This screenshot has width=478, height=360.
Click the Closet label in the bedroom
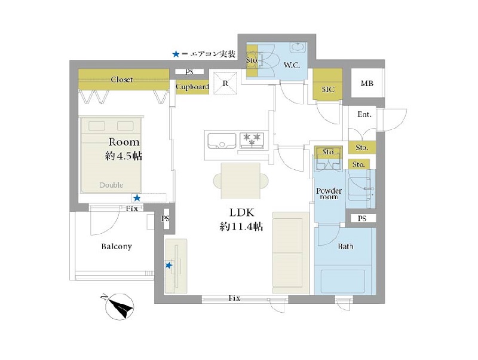click(122, 80)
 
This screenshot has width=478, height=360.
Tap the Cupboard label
click(192, 87)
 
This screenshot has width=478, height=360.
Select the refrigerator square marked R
click(225, 83)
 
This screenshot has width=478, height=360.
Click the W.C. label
click(292, 65)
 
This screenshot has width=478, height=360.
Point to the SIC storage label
click(328, 89)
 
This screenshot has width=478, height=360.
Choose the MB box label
click(367, 83)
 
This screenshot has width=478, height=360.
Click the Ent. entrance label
click(364, 115)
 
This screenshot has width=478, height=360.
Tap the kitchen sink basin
click(222, 141)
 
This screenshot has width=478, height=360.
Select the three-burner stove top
click(252, 141)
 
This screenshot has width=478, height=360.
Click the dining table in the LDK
click(241, 181)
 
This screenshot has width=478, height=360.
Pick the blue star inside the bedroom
click(137, 198)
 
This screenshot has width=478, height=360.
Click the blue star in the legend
click(176, 54)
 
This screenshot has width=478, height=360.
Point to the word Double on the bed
click(112, 185)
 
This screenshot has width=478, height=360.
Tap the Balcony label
click(117, 246)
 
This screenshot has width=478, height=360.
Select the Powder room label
click(329, 194)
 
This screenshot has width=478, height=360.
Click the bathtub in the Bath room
click(343, 281)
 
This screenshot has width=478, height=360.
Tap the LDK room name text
click(242, 213)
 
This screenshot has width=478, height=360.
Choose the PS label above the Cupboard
click(189, 72)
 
